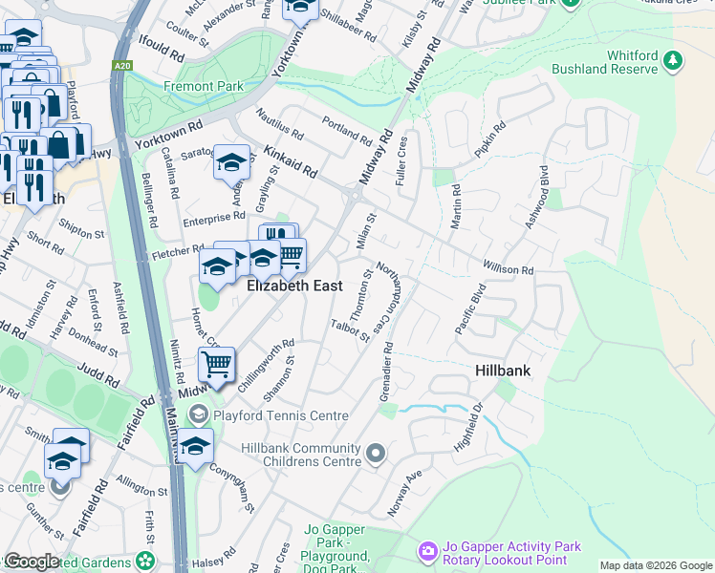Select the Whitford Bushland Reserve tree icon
pyautogui.click(x=674, y=61)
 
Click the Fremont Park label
pyautogui.click(x=203, y=86)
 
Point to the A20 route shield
pyautogui.click(x=121, y=65)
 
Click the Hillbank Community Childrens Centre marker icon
pyautogui.click(x=376, y=455)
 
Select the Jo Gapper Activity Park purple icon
pyautogui.click(x=427, y=552)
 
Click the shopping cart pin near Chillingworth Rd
pyautogui.click(x=217, y=364)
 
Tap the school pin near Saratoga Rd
pyautogui.click(x=231, y=162)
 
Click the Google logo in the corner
pyautogui.click(x=32, y=561)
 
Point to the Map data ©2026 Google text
pyautogui.click(x=655, y=565)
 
